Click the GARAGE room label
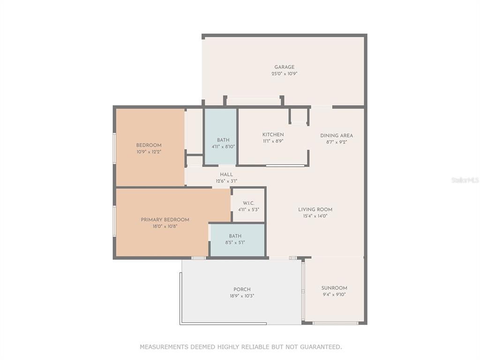tap(285, 67)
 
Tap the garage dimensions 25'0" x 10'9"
tap(285, 74)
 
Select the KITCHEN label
tap(273, 135)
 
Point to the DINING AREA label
tap(337, 135)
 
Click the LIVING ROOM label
tap(315, 210)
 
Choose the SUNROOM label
tap(334, 288)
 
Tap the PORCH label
tap(242, 289)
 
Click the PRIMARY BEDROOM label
tap(165, 220)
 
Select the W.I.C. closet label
tap(248, 203)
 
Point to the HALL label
tap(226, 174)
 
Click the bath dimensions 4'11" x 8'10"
tap(224, 147)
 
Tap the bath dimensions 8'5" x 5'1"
tap(235, 242)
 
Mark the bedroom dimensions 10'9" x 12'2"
tap(149, 152)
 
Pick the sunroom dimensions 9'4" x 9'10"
tap(334, 294)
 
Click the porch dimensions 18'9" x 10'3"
tap(242, 296)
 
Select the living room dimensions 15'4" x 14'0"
tap(315, 216)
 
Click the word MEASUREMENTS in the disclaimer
tap(164, 347)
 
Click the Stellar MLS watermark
tap(465, 180)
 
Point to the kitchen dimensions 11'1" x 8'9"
tap(273, 142)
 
